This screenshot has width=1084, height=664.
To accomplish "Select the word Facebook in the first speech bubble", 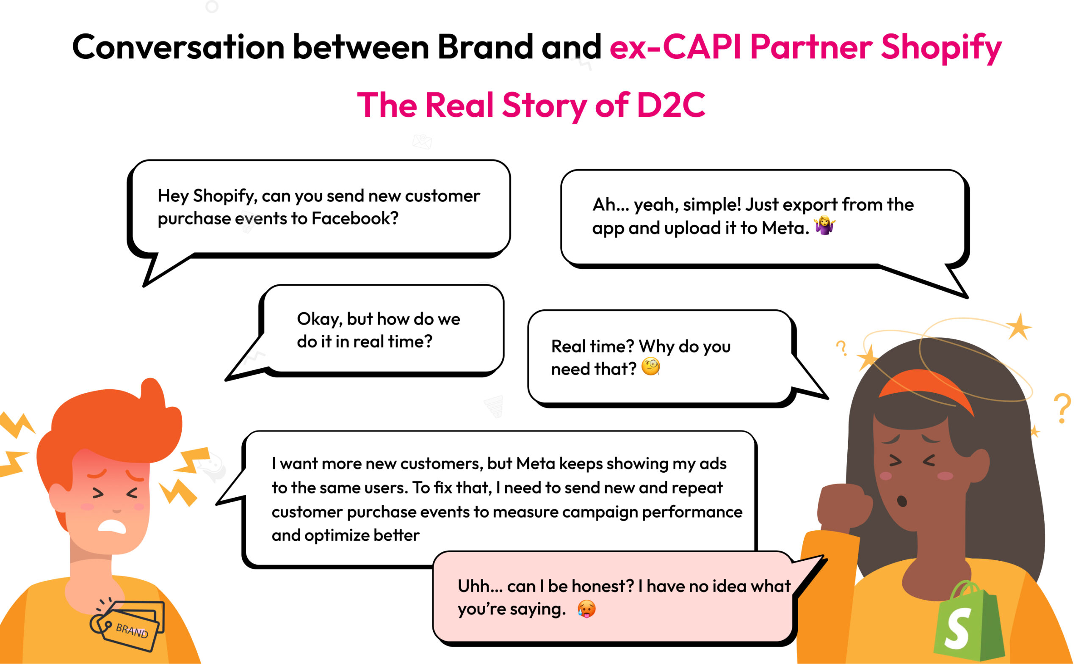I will (354, 218).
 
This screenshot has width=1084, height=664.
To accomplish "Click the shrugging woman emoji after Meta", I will (824, 226).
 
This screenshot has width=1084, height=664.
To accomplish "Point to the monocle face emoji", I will (651, 367).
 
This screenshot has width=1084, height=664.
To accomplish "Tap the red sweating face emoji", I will (586, 609).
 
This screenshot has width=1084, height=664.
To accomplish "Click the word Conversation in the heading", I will (178, 47).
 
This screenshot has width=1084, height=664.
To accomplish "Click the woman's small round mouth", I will (902, 501).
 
